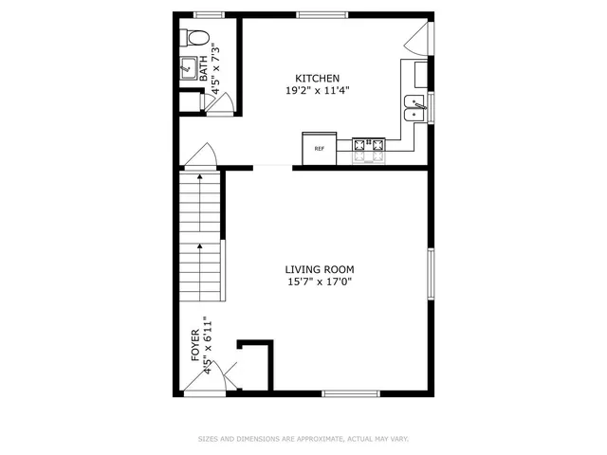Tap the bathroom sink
pos(188,68)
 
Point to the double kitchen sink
pos(414,109)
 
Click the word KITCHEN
pos(317,79)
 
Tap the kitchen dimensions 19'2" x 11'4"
pos(317,91)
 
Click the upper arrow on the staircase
pos(200,178)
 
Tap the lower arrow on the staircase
pos(200,248)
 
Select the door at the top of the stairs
pos(200,155)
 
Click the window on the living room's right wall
pos(431,276)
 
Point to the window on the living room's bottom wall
pos(350,392)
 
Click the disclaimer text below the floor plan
pos(303,439)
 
